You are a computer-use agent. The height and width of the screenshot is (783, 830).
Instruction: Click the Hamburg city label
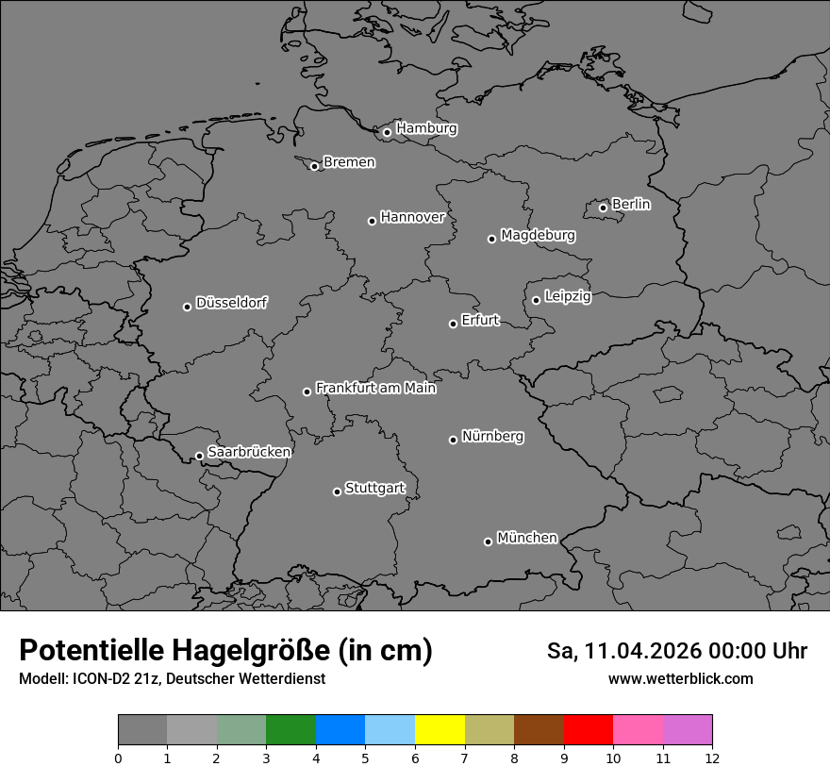(x=426, y=128)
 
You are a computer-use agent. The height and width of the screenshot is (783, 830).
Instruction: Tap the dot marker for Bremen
(x=314, y=167)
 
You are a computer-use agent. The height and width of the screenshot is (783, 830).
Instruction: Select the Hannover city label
(x=412, y=217)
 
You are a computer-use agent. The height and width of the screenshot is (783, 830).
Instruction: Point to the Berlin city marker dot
(x=603, y=208)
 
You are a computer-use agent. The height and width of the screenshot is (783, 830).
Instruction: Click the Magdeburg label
(x=538, y=235)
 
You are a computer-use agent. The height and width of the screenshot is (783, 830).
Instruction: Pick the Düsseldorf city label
(x=231, y=303)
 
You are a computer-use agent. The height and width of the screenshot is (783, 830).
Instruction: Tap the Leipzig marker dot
(x=536, y=300)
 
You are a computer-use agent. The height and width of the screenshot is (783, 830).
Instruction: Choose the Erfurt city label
(x=479, y=320)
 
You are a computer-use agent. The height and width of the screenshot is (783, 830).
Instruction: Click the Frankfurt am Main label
(x=375, y=388)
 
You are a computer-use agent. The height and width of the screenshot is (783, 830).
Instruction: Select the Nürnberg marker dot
(x=453, y=440)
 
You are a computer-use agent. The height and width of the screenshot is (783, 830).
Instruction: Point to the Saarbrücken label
(x=249, y=452)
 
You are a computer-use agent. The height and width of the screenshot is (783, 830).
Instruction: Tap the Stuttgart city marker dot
(x=337, y=491)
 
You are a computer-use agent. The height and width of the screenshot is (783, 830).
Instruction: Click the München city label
(x=526, y=538)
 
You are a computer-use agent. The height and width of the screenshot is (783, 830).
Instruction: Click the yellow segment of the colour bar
(x=440, y=729)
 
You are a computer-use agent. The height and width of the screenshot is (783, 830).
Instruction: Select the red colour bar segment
(x=588, y=729)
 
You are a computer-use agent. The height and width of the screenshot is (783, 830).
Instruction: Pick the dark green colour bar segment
(x=290, y=729)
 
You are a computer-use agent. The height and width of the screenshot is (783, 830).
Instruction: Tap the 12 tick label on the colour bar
(x=711, y=758)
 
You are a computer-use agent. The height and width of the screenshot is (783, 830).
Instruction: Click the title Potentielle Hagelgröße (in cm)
(x=225, y=651)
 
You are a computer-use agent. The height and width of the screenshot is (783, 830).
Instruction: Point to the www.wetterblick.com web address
(x=680, y=679)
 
